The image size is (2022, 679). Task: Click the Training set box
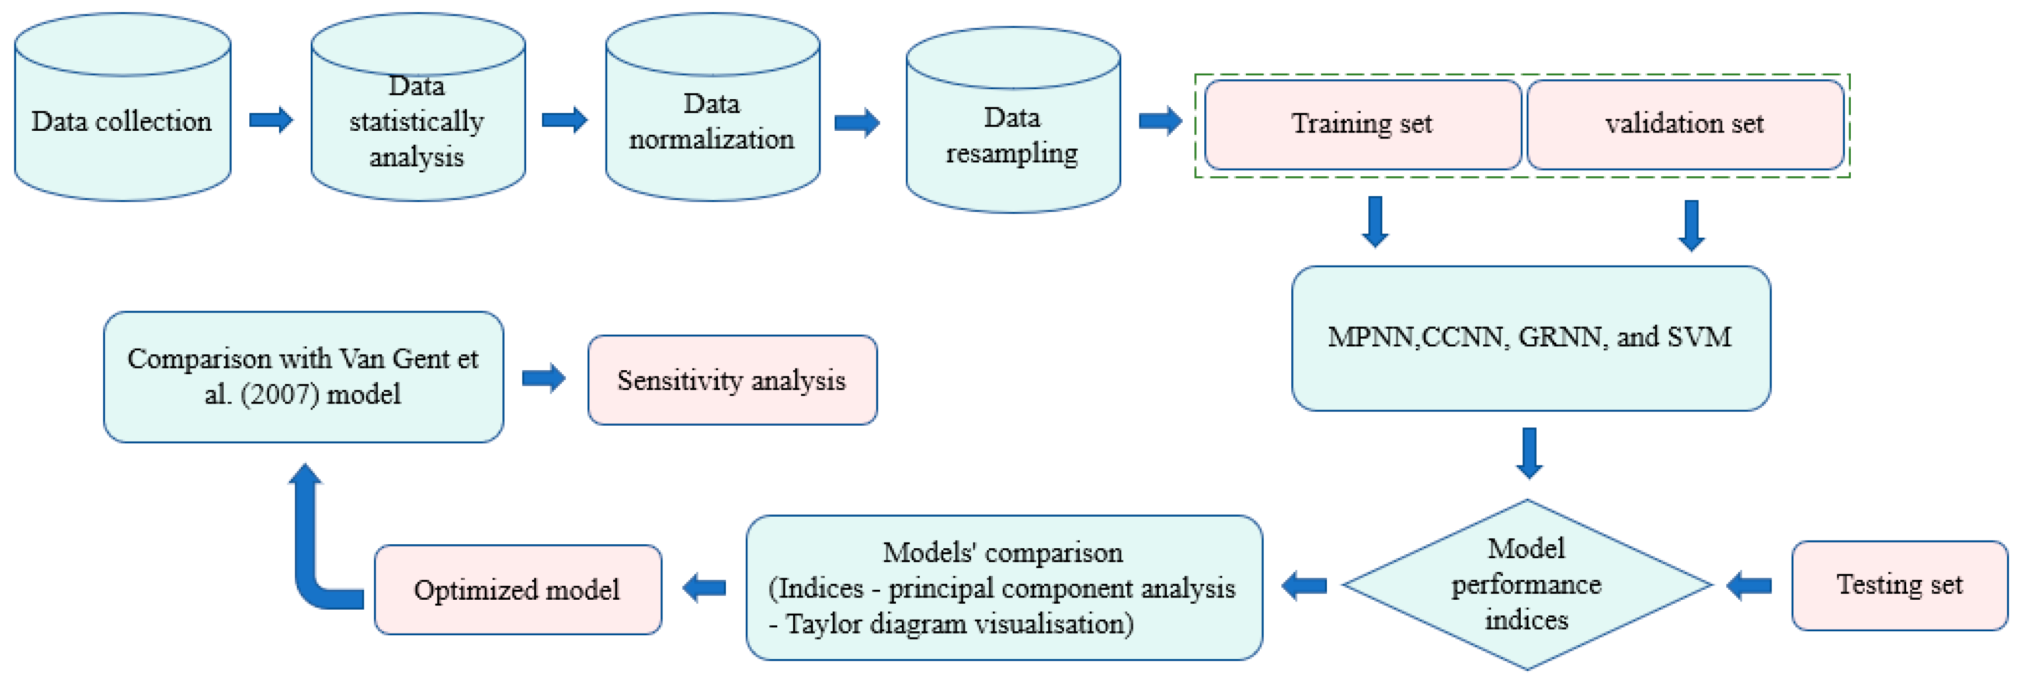coord(1362,124)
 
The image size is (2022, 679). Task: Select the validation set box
coord(1685,124)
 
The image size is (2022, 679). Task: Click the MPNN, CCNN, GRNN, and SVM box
coord(1530,338)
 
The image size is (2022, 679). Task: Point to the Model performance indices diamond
coord(1527,585)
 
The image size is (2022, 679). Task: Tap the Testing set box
coord(1899,585)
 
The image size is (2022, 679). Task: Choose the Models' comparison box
coord(1003,587)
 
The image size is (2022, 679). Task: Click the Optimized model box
coord(517,590)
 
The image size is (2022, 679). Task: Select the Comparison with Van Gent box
coord(303,377)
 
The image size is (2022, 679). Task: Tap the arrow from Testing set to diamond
coord(1749,585)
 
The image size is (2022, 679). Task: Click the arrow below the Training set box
coord(1375,222)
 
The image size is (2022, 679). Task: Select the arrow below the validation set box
coord(1691,225)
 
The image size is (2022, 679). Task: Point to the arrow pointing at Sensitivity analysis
coord(544,379)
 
